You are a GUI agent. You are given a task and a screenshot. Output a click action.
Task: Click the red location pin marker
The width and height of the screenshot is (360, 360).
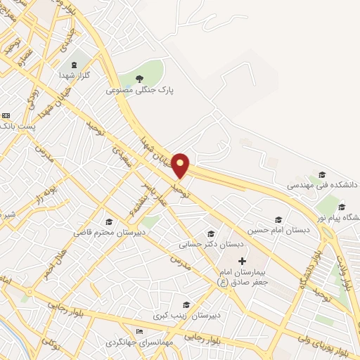coord(181,165)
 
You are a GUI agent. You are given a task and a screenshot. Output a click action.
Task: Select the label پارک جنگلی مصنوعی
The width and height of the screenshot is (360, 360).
coord(139,91)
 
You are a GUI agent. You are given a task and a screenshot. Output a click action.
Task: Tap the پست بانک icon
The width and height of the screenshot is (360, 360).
coord(6,115)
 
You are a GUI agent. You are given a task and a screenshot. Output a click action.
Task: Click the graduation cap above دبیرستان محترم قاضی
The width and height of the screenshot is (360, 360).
coord(108,221)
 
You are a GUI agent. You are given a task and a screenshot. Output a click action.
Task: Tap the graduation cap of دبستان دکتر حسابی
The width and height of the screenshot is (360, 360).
coord(210,234)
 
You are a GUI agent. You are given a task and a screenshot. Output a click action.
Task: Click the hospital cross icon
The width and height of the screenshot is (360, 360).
coord(243,261)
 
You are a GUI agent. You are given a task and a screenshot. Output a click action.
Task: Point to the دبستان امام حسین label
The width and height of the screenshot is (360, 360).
coord(277,231)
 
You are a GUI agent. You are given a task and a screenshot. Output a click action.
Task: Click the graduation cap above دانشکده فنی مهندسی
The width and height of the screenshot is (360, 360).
coord(322,174)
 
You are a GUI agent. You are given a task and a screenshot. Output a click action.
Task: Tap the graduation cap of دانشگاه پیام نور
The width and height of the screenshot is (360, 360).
coord(342,207)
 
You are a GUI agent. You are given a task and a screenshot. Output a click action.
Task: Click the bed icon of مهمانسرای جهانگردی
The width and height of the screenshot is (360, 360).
coord(139,331)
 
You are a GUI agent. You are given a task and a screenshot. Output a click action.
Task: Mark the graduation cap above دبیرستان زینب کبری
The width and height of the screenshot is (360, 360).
coord(186,304)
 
